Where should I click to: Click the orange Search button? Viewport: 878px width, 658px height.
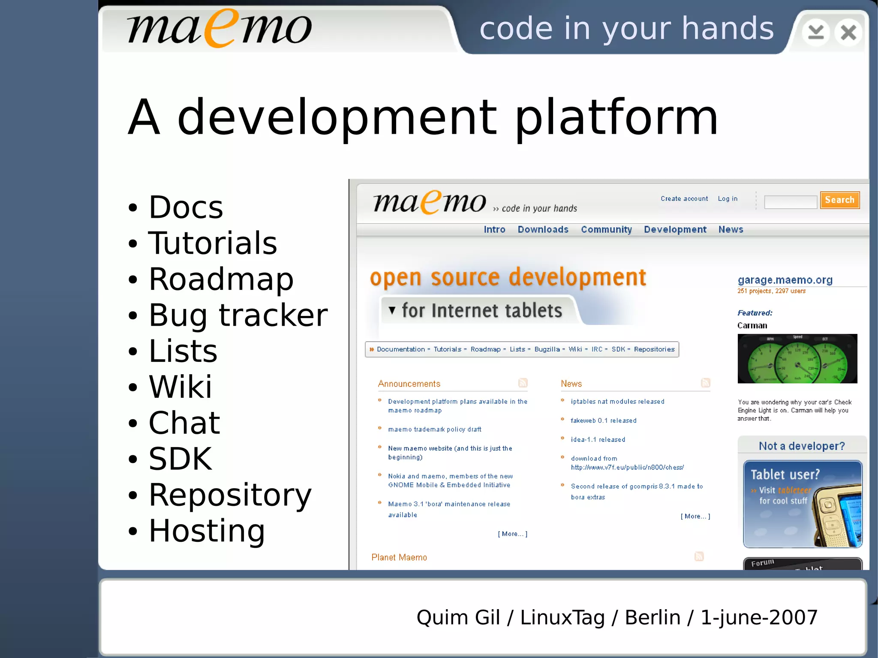point(839,200)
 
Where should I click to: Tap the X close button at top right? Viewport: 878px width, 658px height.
point(848,33)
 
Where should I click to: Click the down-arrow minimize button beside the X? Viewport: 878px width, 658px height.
point(815,33)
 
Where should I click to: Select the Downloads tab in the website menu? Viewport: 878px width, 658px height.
point(543,230)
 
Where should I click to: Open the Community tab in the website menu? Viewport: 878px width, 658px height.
point(606,230)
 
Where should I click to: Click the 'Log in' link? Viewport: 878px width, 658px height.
point(728,199)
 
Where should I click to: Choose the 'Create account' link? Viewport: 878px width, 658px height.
point(684,199)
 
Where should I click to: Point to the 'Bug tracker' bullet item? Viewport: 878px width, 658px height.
point(238,315)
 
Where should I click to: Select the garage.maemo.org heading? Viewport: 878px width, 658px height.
point(785,280)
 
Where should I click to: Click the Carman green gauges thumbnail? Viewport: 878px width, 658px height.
point(797,359)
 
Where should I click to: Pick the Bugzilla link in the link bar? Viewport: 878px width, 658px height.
point(547,349)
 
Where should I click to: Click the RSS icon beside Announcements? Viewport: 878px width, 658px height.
point(523,383)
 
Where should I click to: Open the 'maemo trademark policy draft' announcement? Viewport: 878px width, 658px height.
point(434,430)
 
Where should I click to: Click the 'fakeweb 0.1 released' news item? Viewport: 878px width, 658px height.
point(603,421)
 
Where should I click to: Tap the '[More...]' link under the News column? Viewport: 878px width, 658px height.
point(695,517)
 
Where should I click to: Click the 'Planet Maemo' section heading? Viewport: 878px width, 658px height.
point(399,558)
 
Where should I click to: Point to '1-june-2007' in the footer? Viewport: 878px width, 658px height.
point(759,618)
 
